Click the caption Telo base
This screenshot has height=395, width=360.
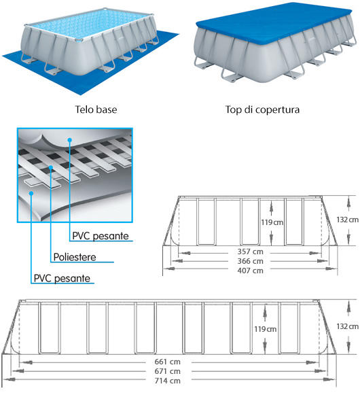pos(96,109)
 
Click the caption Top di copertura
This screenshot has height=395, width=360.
pos(262,110)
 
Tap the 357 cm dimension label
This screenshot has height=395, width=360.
pos(250,252)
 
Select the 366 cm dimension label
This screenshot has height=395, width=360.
pos(250,261)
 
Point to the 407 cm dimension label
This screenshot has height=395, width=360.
pos(250,271)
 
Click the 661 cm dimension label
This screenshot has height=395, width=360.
pos(167,362)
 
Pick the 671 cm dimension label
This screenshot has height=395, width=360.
pos(167,371)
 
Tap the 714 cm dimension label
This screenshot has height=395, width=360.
pos(167,381)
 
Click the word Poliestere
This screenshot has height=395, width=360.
pos(75,257)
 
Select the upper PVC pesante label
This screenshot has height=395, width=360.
pos(101,236)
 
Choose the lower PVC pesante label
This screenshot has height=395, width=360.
pos(62,278)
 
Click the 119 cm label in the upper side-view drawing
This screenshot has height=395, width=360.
pos(272,222)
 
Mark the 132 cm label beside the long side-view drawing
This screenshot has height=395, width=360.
pos(347,326)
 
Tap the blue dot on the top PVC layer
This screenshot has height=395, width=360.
pos(70,139)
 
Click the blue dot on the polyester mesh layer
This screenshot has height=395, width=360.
pos(51,167)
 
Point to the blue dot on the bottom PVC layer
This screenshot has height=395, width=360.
pos(31,193)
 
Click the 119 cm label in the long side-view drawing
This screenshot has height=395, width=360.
pos(265,329)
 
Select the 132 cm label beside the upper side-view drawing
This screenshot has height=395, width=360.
pos(347,220)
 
